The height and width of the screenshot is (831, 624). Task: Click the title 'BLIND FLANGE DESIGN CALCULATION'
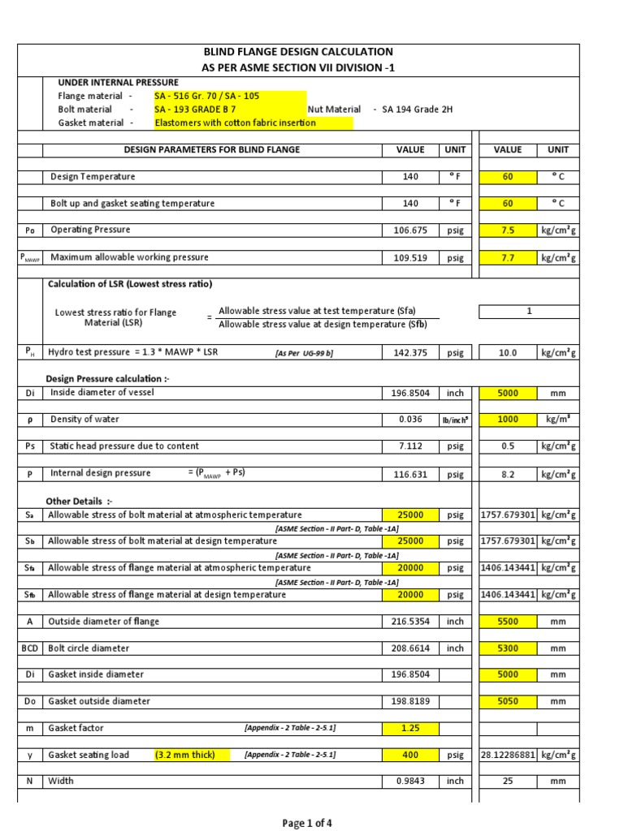[x=297, y=52]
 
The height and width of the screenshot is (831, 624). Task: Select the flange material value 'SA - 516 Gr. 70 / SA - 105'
[x=207, y=96]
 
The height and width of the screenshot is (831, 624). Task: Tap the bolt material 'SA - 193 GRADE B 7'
[x=195, y=109]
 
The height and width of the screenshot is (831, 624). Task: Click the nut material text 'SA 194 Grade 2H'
[x=417, y=109]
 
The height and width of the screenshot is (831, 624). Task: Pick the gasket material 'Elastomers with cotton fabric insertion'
[x=236, y=123]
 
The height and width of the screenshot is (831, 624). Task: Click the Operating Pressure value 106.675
[x=409, y=230]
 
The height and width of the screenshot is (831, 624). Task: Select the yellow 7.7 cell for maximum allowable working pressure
[x=507, y=258]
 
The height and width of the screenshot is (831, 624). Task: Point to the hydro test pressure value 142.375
[x=409, y=353]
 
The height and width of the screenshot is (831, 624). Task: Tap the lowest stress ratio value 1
[x=529, y=311]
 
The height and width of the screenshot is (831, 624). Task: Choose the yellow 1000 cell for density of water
[x=507, y=420]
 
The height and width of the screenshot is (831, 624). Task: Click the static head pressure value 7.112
[x=409, y=446]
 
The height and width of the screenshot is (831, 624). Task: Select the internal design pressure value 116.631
[x=409, y=474]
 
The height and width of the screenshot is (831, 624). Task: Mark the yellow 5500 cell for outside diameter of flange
[x=507, y=622]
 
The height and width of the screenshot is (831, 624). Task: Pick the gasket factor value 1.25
[x=409, y=728]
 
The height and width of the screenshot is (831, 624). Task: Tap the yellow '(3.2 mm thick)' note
[x=185, y=755]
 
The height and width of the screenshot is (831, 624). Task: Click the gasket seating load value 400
[x=409, y=755]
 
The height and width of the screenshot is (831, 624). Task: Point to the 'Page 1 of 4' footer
[x=307, y=823]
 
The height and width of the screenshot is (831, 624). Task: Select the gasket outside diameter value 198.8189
[x=409, y=701]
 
